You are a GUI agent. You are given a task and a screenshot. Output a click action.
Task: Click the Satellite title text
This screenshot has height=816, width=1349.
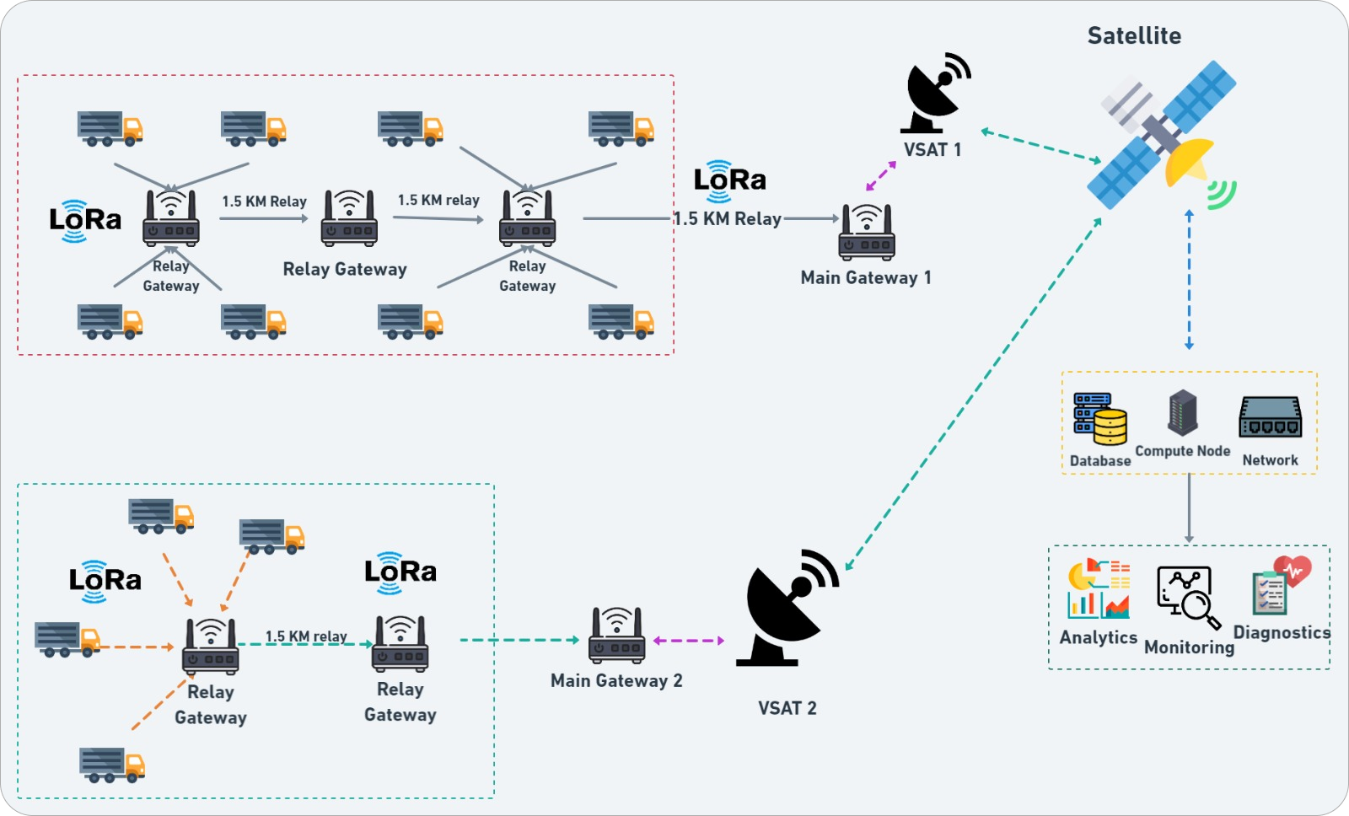1134,35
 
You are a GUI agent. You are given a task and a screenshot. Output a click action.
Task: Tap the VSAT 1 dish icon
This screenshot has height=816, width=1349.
934,93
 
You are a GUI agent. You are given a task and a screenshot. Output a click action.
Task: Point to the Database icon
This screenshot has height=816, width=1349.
1100,418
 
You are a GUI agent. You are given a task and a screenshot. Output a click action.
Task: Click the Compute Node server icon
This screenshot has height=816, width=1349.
1183,412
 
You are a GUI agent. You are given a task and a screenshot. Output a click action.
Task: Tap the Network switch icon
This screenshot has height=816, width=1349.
1270,417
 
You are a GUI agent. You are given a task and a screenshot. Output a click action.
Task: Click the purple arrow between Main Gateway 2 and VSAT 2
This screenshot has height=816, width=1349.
689,641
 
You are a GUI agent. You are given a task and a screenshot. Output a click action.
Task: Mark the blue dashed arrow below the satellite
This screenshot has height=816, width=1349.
1189,279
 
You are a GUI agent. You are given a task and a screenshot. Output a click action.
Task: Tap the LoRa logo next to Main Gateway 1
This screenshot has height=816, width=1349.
729,180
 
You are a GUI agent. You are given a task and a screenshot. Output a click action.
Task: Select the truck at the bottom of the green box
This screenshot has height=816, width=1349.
112,765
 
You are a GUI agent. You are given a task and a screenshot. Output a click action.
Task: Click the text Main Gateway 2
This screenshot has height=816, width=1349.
616,680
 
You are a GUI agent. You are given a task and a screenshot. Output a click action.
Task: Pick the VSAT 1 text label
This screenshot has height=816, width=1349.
932,150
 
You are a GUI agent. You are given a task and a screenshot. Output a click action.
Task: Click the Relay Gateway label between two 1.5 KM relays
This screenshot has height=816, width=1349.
345,269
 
